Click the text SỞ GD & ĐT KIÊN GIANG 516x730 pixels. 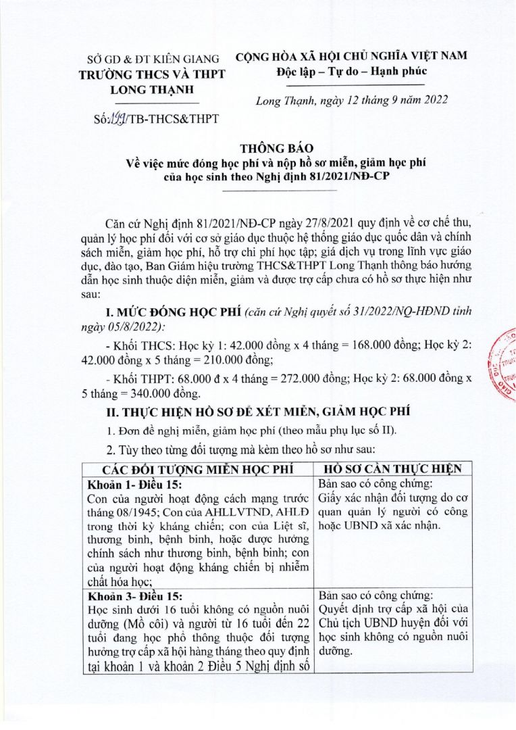coord(148,59)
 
